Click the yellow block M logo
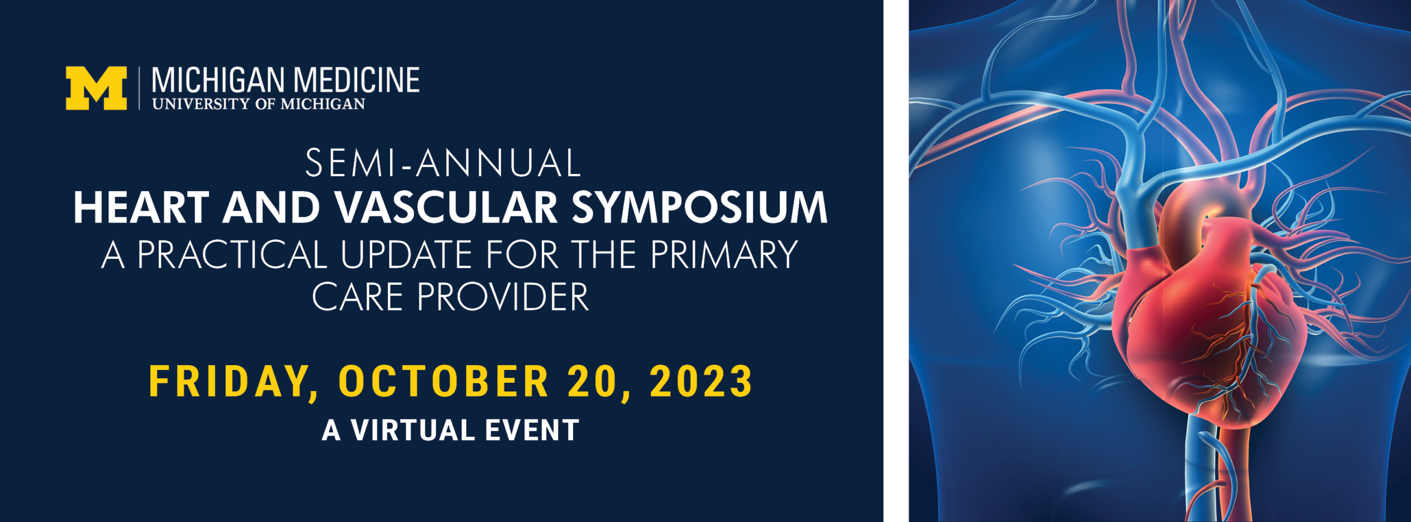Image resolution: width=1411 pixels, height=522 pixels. tap(96, 88)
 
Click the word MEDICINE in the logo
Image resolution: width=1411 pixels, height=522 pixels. tap(357, 80)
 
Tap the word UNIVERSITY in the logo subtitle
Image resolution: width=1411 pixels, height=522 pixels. tap(201, 104)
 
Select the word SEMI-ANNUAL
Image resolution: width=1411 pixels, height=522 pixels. tap(443, 163)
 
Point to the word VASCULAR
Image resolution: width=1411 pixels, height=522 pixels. tap(447, 208)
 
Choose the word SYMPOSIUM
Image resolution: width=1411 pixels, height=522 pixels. tap(699, 208)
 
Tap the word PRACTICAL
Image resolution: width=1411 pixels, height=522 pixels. tap(232, 254)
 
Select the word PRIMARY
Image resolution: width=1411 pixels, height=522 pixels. tap(724, 254)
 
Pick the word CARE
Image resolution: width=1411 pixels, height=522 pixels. tap(358, 297)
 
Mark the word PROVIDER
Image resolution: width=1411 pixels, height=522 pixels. tap(503, 297)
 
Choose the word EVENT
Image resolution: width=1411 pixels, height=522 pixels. tap(532, 430)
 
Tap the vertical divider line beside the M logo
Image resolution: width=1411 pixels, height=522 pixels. tap(139, 88)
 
